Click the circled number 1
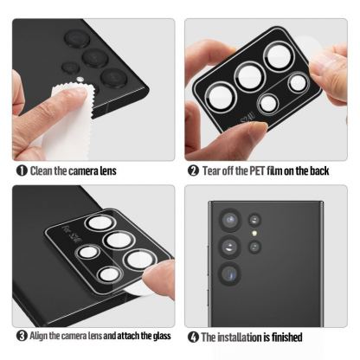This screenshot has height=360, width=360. [21, 170]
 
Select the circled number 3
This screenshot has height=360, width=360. [21, 336]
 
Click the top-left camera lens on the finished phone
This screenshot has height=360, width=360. [228, 218]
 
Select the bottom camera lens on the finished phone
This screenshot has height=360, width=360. [232, 275]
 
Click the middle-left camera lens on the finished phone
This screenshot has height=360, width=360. [229, 246]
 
